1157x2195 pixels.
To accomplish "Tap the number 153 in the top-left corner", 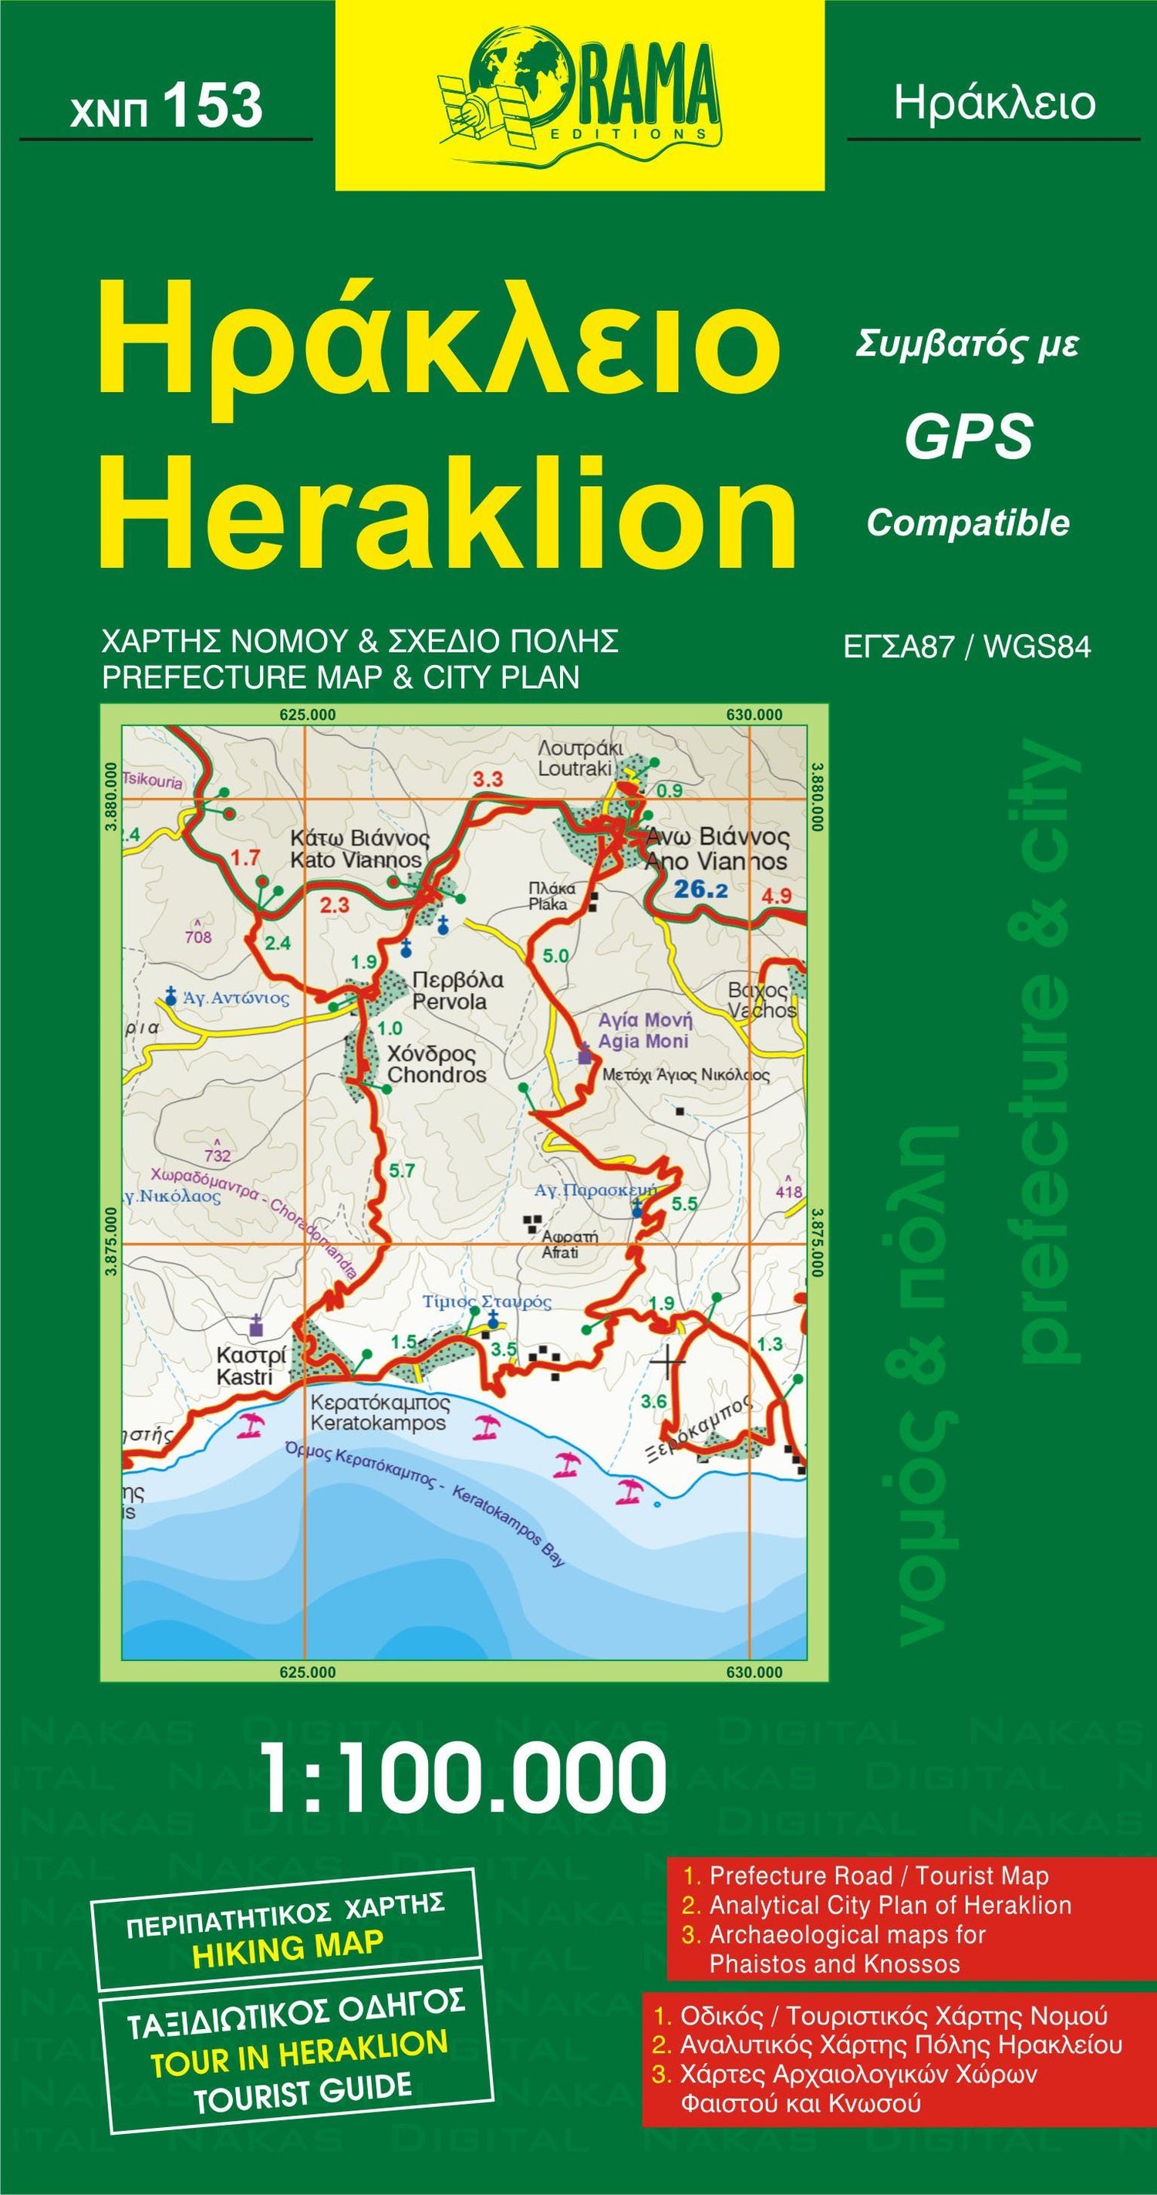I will pos(212,106).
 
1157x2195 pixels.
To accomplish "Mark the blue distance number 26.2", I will pos(700,890).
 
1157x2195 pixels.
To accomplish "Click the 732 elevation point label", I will pos(218,1156).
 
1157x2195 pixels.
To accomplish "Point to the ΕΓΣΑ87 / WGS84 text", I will pos(966,647).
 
